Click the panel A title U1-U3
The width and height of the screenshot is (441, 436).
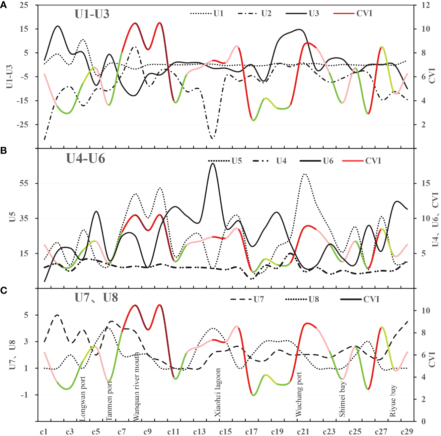pos(92,14)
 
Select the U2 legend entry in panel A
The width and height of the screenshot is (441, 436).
pos(266,14)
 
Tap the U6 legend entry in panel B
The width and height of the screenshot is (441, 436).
pos(328,161)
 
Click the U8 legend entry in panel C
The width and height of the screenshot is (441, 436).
pos(313,299)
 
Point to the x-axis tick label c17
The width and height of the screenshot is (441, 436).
pos(251,431)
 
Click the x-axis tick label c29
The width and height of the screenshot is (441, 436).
pos(407,431)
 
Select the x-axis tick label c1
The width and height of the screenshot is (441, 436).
pos(44,431)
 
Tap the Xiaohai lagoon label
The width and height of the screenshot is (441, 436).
pos(218,393)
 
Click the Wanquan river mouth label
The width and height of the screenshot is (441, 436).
pos(136,386)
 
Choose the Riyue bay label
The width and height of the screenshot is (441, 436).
pos(393,401)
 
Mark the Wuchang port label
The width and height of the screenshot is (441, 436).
pos(299,394)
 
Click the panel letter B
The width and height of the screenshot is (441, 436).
pos(4,151)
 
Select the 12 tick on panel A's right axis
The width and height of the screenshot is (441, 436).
pos(426,5)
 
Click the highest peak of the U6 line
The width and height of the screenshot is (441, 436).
pos(213,164)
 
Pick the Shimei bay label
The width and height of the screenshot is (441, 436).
pos(342,400)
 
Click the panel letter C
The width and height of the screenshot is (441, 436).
pos(4,290)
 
